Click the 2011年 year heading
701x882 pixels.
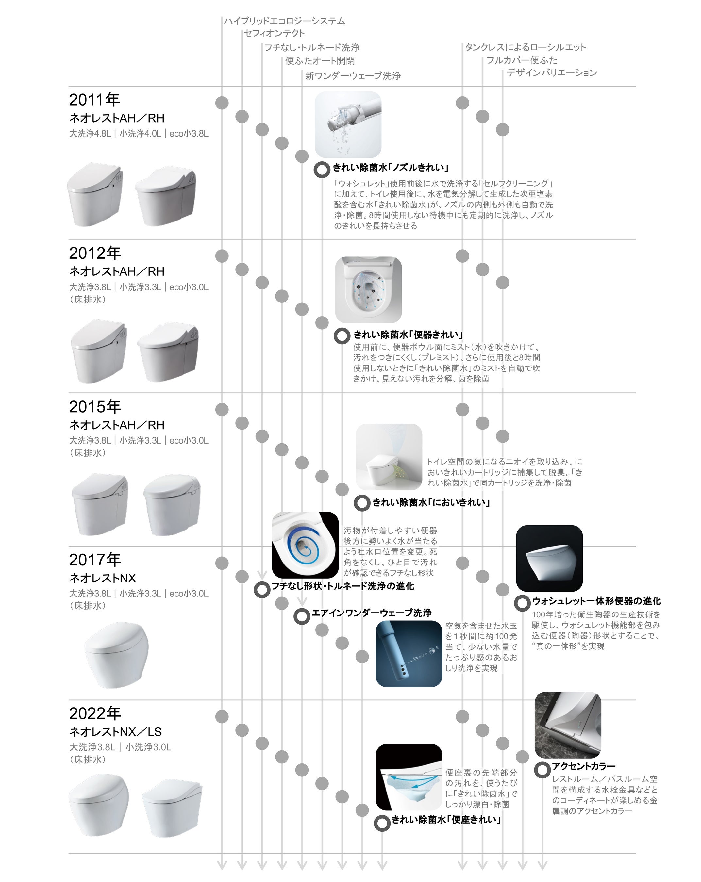[x=94, y=99]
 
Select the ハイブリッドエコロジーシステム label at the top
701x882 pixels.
[x=284, y=21]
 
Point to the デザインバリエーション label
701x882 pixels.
[x=552, y=73]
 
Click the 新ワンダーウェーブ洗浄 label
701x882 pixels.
[x=353, y=76]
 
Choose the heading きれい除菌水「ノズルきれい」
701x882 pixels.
[x=391, y=167]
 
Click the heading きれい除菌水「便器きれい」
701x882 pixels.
[x=409, y=335]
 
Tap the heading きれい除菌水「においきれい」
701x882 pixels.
[x=431, y=502]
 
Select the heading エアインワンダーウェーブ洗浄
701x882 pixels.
[x=372, y=612]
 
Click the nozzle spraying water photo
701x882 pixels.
[x=348, y=124]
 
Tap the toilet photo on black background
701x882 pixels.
[x=549, y=558]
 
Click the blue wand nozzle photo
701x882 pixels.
[x=409, y=653]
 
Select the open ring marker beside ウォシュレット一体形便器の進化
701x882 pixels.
[x=522, y=603]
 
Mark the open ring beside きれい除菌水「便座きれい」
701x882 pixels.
[x=382, y=823]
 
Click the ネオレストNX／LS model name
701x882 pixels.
[x=115, y=731]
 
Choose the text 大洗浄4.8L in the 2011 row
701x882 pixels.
[x=90, y=133]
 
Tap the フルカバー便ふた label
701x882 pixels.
[x=522, y=60]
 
